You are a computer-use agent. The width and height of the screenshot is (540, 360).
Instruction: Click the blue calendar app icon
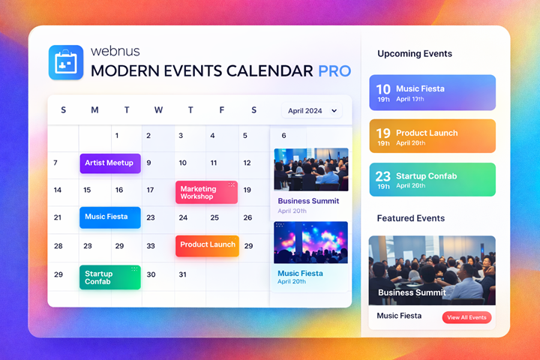(x=66, y=62)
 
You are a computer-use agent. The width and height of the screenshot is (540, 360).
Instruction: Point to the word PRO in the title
(x=334, y=71)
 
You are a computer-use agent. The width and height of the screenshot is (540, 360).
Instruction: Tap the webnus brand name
(x=115, y=51)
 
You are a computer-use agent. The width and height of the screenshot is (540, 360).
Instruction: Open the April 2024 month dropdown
(x=312, y=110)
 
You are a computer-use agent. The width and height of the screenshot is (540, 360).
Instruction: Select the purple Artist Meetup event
(x=110, y=163)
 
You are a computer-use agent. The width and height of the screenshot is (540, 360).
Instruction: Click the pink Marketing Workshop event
(x=207, y=192)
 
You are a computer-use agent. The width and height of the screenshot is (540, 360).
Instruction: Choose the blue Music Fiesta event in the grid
(x=110, y=217)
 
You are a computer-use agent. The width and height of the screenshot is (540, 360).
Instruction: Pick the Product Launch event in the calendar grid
(x=207, y=246)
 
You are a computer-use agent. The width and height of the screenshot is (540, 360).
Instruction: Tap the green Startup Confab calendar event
(x=110, y=277)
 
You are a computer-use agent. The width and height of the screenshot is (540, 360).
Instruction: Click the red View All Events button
(x=466, y=317)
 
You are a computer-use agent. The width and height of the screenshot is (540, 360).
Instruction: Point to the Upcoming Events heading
(x=415, y=54)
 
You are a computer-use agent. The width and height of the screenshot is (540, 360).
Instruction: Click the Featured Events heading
(x=411, y=218)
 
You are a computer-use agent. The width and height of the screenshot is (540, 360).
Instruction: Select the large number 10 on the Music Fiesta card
(x=383, y=89)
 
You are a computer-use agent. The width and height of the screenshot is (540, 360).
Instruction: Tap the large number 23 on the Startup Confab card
(x=383, y=176)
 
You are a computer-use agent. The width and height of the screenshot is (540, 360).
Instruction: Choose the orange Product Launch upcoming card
(x=433, y=136)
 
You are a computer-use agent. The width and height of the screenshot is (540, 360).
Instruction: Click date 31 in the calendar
(x=182, y=274)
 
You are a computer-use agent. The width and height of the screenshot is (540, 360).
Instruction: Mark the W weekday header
(x=158, y=110)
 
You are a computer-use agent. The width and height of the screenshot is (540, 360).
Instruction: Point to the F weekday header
(x=222, y=110)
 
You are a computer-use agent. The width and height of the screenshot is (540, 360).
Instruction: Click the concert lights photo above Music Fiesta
(x=311, y=242)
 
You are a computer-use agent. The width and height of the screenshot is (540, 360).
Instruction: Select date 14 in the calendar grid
(x=58, y=190)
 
